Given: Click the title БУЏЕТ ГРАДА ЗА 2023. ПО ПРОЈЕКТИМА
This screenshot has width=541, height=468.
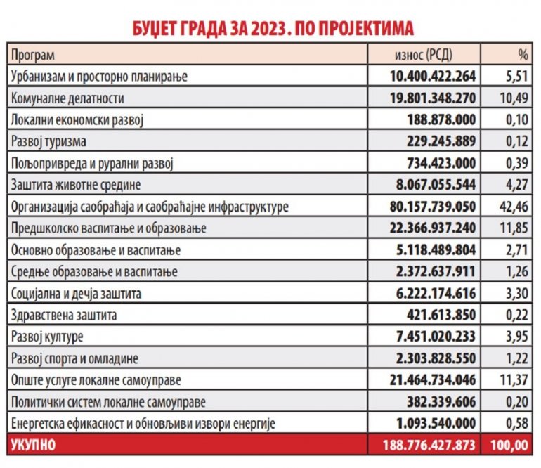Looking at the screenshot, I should pos(270,27).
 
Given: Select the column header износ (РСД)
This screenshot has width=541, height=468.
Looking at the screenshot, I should pos(425,54).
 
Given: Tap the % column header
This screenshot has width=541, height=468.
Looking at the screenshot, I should pos(521,54).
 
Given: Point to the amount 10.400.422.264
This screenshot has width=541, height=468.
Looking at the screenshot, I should pos(431,75).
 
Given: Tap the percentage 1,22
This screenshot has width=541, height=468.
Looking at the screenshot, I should pos(516,359).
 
